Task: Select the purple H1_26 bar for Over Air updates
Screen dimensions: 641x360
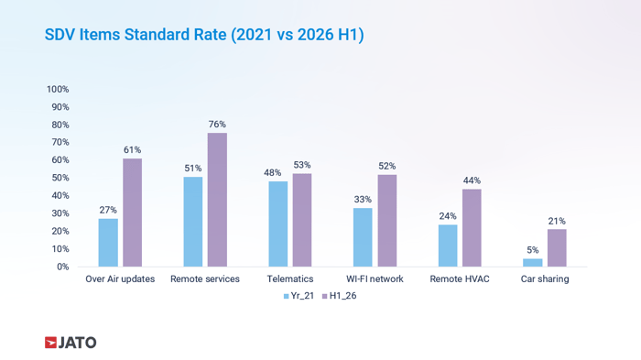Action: [x=133, y=213]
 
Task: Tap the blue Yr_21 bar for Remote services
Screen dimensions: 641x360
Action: [x=193, y=222]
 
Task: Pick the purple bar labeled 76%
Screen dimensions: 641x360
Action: [x=217, y=200]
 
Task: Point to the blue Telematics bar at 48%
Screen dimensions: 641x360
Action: [x=278, y=224]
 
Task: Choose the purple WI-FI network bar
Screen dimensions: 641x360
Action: [x=387, y=221]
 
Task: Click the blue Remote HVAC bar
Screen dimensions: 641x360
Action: [x=448, y=245]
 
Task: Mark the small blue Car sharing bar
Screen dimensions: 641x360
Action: [x=533, y=263]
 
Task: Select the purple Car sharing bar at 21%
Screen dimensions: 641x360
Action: [x=557, y=248]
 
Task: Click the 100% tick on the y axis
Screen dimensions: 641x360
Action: [x=58, y=89]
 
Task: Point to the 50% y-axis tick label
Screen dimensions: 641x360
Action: [x=60, y=178]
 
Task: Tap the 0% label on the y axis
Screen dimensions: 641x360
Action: [x=62, y=267]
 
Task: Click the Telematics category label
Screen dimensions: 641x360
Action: [x=290, y=279]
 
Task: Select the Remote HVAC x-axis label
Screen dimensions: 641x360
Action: [x=460, y=279]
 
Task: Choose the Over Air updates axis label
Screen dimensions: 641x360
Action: [x=120, y=279]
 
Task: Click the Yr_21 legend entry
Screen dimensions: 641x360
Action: [x=299, y=296]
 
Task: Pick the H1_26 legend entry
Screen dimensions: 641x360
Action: [x=340, y=296]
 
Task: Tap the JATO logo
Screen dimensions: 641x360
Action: [x=71, y=343]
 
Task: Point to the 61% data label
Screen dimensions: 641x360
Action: [x=133, y=150]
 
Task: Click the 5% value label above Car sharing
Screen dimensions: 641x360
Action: [x=533, y=250]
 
